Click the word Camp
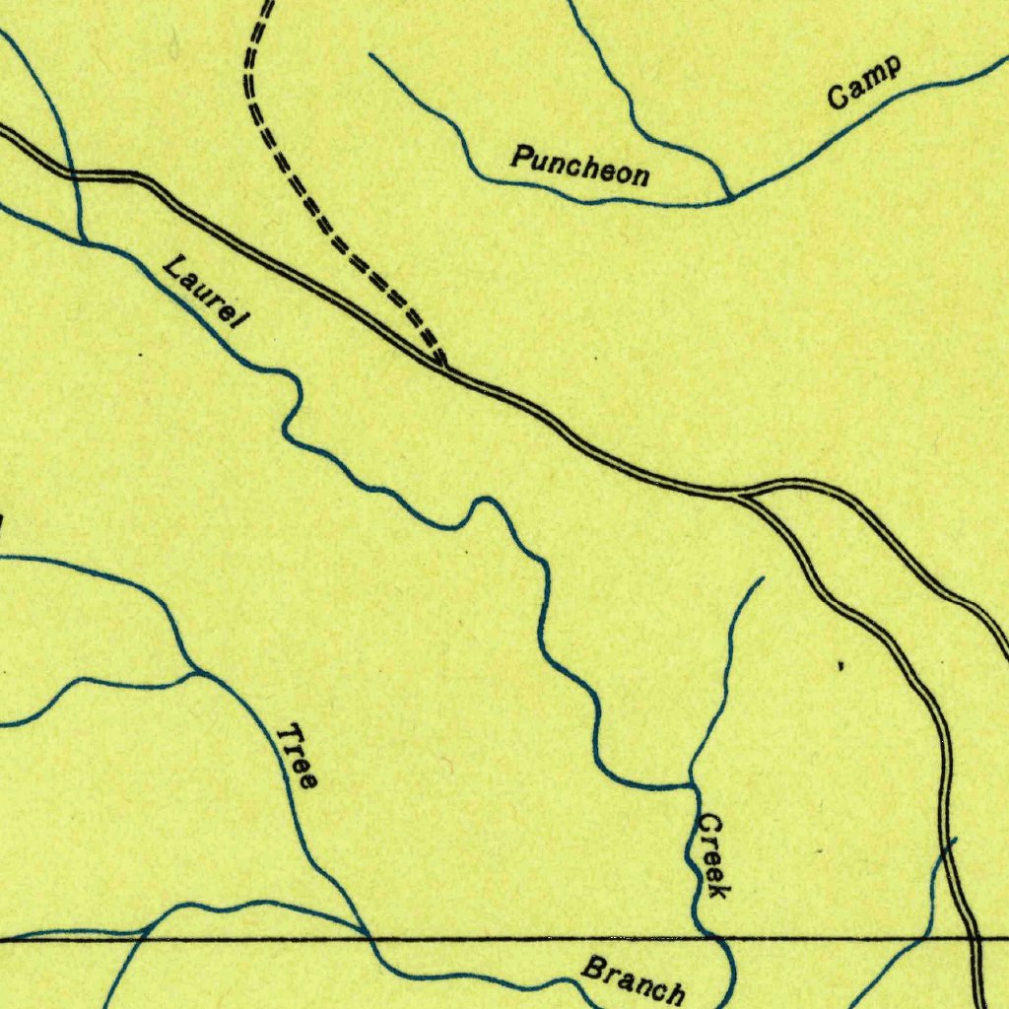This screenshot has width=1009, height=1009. [x=864, y=83]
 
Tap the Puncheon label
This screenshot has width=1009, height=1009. [x=580, y=166]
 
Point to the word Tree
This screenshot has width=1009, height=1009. [x=297, y=757]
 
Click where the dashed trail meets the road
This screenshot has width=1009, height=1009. [x=442, y=367]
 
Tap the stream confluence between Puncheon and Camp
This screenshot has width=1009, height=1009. [x=730, y=199]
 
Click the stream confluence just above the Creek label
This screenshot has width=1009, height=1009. [x=690, y=785]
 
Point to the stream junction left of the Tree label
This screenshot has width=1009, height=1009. [x=195, y=673]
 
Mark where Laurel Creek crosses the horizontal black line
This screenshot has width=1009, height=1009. [x=718, y=939]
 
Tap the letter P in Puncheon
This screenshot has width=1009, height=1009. [x=519, y=155]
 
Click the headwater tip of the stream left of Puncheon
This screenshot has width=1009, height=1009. [x=370, y=55]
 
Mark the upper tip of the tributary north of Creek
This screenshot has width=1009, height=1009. [x=763, y=578]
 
